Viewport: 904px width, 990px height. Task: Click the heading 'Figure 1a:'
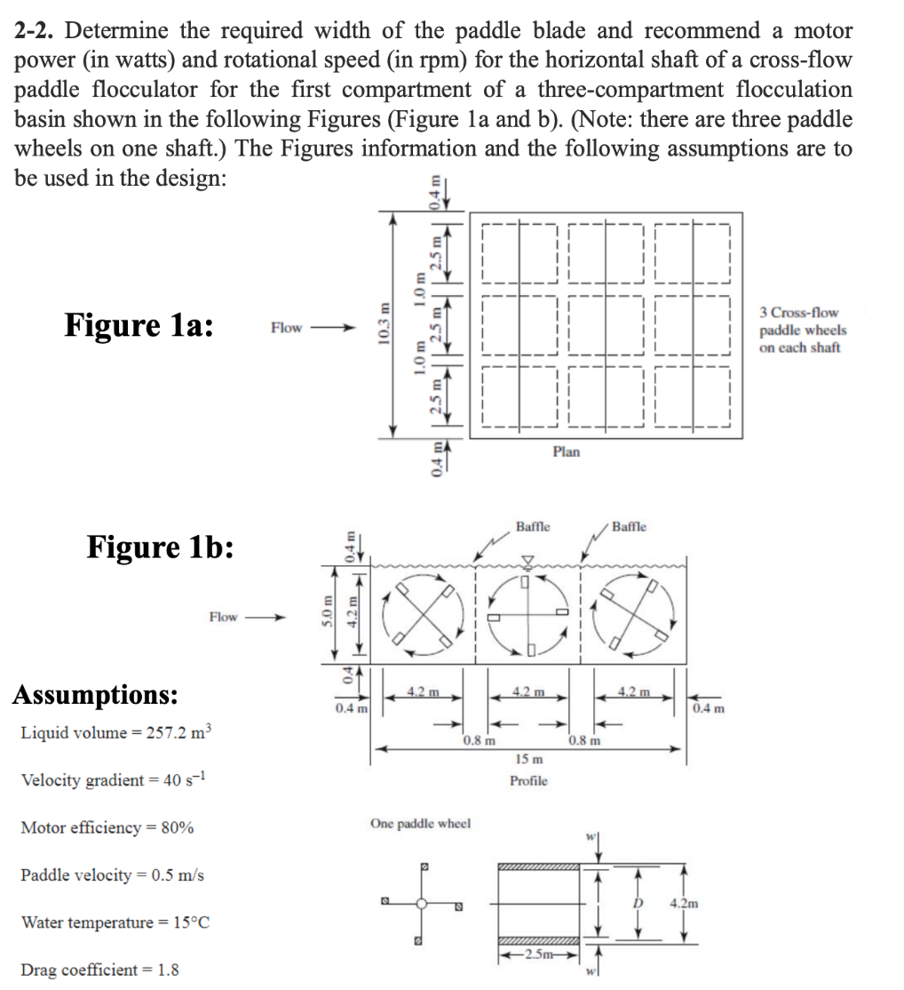138,325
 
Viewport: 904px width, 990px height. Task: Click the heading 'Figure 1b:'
160,547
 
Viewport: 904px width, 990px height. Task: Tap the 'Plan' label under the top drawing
566,451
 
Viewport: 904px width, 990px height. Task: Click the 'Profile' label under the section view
528,780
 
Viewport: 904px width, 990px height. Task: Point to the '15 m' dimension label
528,759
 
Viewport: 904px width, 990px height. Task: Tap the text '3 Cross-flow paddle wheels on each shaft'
803,330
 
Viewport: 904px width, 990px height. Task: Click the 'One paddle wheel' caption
419,824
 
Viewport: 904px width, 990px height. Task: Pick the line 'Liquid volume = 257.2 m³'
115,733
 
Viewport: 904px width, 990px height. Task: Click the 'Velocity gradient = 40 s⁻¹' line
114,780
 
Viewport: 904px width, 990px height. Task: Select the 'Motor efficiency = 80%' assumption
107,828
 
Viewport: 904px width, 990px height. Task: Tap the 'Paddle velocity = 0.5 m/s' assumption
112,875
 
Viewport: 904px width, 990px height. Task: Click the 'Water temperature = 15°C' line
115,922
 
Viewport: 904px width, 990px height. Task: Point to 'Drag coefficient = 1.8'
99,970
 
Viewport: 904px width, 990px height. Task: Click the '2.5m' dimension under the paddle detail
538,954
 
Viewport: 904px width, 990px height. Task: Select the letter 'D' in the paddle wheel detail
636,904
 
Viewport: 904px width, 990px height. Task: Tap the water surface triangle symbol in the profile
528,560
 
